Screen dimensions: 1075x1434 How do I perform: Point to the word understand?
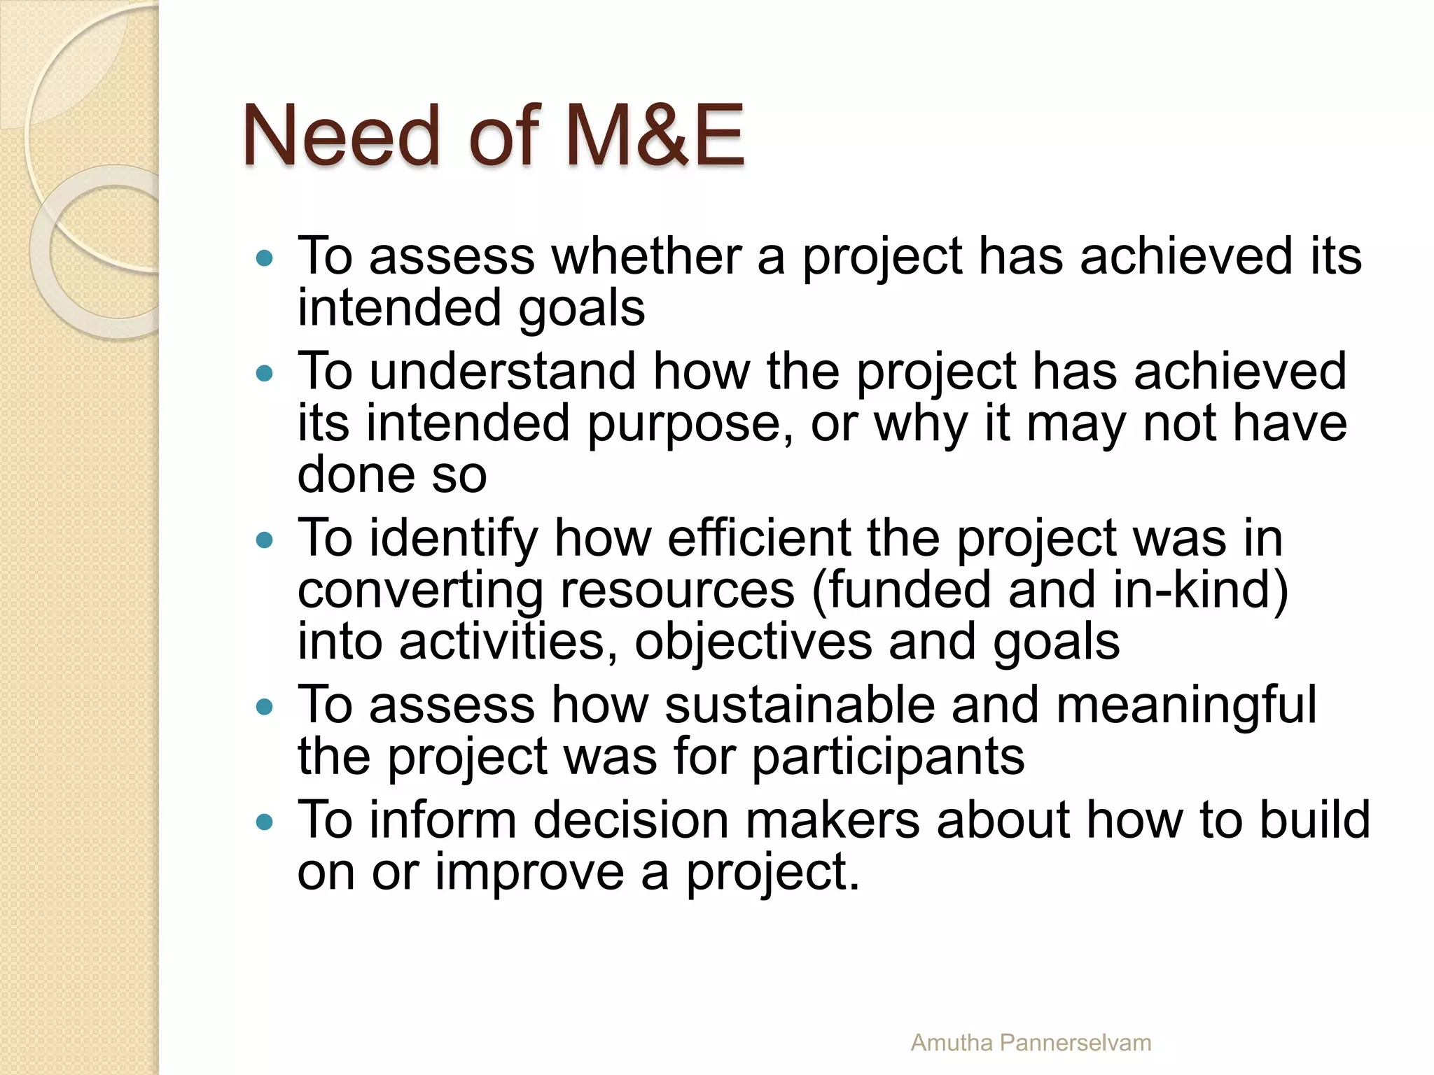point(502,371)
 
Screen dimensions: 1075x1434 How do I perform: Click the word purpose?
point(683,424)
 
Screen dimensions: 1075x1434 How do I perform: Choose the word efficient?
point(758,538)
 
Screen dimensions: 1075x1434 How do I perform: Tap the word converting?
point(420,591)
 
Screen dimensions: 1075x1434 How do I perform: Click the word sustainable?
point(799,705)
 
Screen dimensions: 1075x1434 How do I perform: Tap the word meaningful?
point(1186,706)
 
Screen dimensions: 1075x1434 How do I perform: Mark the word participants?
point(888,758)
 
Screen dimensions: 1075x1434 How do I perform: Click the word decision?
point(630,820)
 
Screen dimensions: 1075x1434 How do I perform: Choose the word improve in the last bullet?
point(529,873)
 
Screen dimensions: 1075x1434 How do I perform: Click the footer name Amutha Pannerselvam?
point(1031,1043)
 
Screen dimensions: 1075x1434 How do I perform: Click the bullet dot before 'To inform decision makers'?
point(265,822)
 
